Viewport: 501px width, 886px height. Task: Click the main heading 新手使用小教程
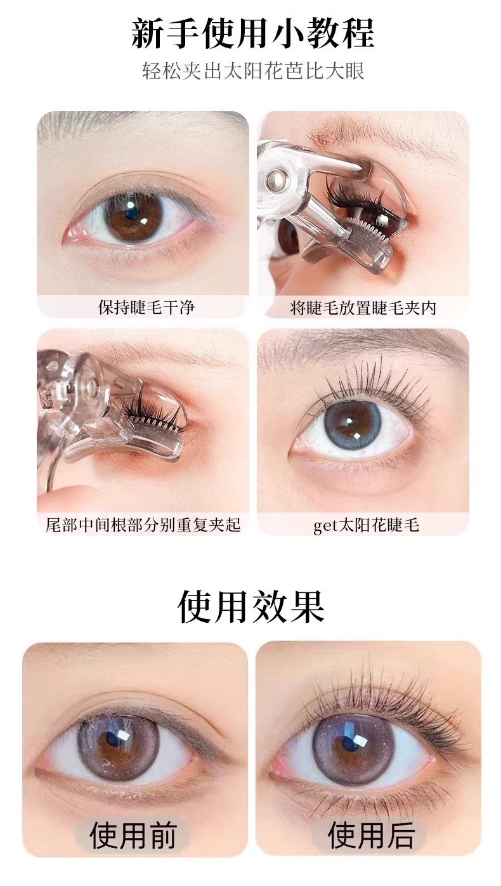[252, 34]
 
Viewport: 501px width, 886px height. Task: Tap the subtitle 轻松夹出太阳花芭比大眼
[253, 72]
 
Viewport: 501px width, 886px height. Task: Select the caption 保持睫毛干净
[146, 307]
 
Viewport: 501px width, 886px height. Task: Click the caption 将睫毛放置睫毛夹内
[363, 308]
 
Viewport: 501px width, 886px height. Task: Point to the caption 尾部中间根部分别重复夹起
[143, 525]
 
